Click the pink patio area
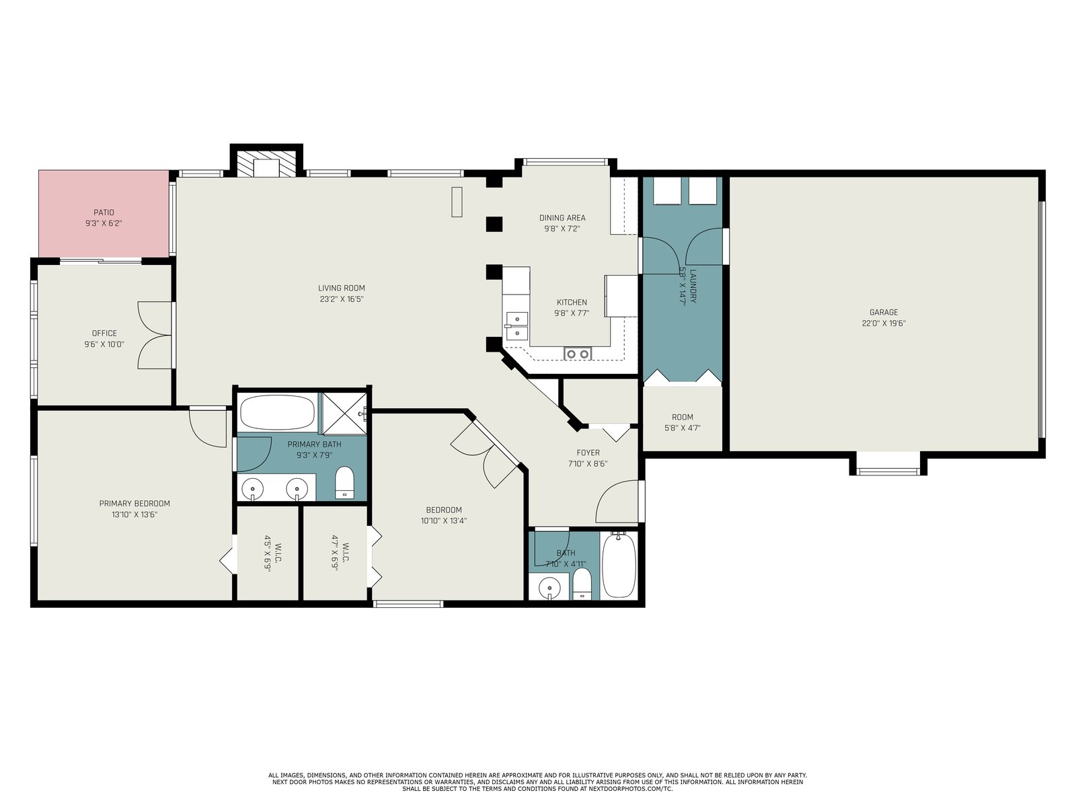104,214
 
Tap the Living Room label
341,288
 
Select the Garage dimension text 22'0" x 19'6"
884,323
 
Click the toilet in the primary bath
344,482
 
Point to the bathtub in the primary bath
278,412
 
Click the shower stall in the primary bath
344,414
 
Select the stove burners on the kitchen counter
578,353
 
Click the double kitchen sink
516,326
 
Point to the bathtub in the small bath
619,566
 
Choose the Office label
104,333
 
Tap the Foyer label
588,453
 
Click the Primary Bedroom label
134,503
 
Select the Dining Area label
562,217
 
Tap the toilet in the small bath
582,584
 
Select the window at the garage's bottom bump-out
888,472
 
